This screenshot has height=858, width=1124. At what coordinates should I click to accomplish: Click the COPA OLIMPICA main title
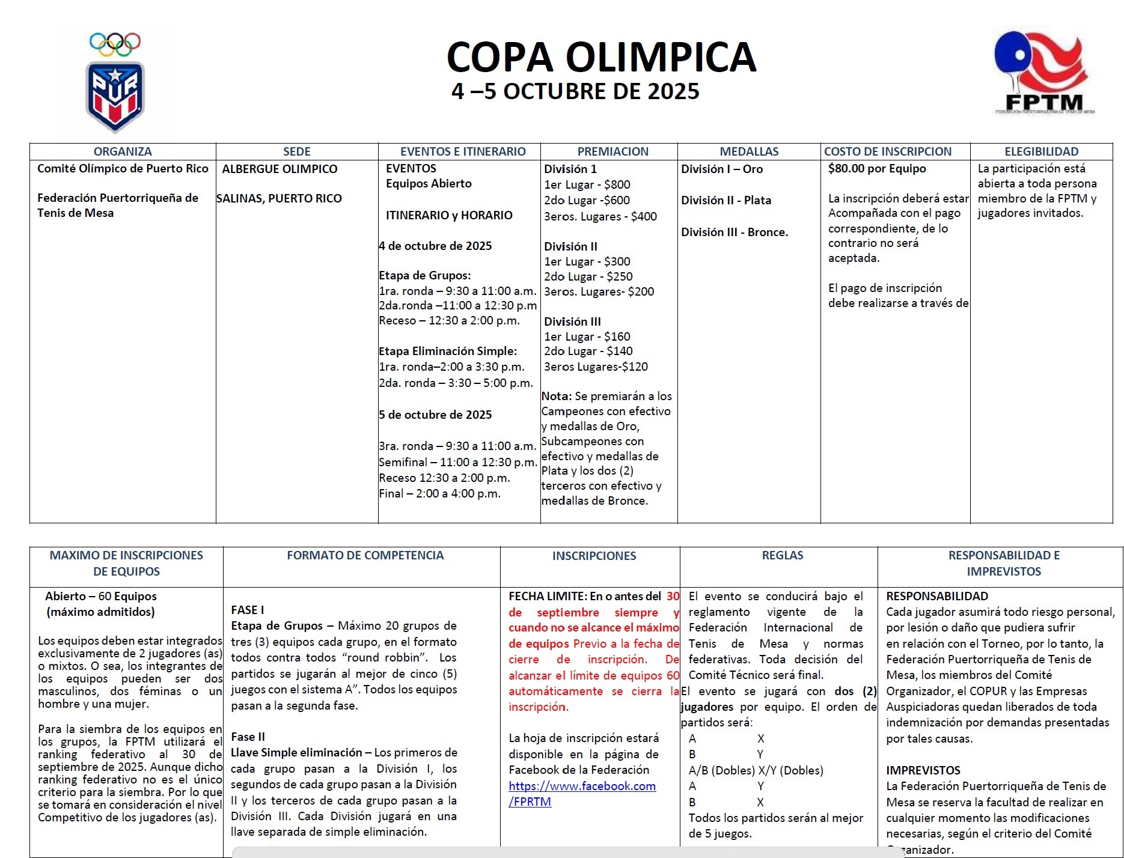(601, 57)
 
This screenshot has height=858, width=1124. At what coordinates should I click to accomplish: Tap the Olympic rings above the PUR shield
(115, 43)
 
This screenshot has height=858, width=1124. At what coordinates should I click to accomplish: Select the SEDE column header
(297, 151)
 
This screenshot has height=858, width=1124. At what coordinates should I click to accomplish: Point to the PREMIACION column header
(612, 151)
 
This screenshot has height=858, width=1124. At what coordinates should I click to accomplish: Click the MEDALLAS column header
(749, 151)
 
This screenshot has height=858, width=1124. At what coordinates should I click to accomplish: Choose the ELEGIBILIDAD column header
(1041, 151)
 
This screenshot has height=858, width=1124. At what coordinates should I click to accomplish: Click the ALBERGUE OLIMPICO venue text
(279, 169)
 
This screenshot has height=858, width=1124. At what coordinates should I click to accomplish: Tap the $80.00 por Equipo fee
(876, 168)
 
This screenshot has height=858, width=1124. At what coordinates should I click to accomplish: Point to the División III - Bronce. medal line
(734, 232)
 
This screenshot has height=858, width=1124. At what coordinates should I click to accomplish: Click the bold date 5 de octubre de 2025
(435, 415)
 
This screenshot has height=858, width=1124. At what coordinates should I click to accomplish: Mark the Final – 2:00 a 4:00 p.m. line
(439, 493)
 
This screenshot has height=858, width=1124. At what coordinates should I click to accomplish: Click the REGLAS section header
(782, 555)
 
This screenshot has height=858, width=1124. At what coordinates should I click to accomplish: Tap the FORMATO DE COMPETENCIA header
(365, 555)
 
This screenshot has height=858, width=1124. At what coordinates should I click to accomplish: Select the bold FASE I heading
(247, 610)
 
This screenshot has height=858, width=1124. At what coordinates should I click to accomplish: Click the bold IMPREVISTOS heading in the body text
(923, 770)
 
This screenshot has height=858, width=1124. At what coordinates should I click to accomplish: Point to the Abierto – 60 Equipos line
(100, 596)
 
